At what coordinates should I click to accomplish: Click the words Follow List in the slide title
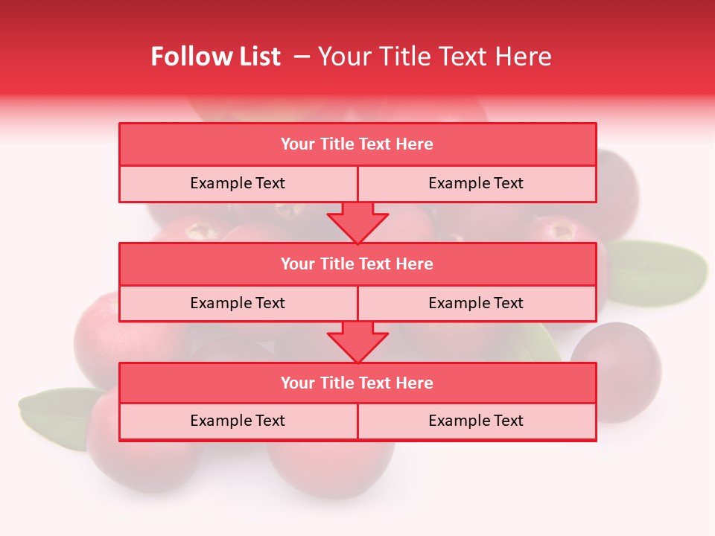click(215, 57)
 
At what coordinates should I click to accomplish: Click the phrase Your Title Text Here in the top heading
click(434, 57)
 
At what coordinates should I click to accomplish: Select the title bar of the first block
click(357, 144)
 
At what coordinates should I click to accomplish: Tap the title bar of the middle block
click(357, 264)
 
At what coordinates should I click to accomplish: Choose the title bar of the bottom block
click(357, 383)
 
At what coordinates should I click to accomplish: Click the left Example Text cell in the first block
click(238, 183)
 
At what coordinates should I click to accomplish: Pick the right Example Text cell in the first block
click(476, 183)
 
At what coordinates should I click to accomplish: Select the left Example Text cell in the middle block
click(238, 303)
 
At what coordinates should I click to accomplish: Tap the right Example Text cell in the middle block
click(476, 303)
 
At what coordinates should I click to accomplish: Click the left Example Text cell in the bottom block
click(238, 421)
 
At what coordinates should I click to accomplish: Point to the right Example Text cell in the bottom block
click(476, 421)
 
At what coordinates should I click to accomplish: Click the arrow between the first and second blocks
click(357, 222)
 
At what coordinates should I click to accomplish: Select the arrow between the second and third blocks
click(357, 342)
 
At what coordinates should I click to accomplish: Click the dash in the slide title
click(302, 57)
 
